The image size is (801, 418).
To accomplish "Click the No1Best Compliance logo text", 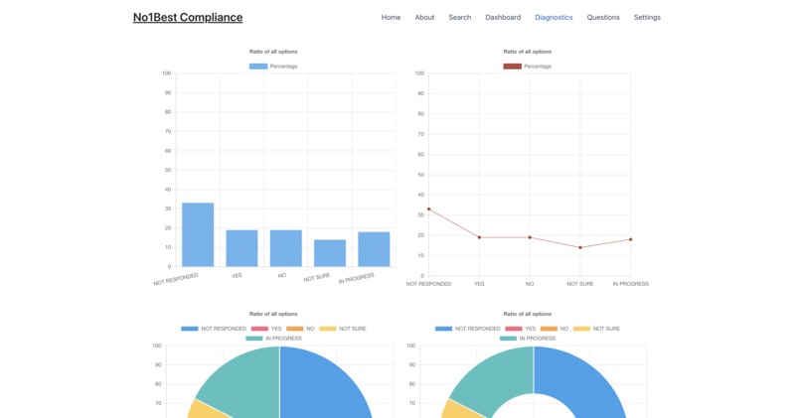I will [x=188, y=17].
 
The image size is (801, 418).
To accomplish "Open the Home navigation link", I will [x=391, y=17].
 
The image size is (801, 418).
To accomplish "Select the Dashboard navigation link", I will [x=503, y=17].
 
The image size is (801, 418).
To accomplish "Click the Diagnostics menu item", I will [x=554, y=17].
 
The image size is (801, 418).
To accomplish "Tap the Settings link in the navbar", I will [x=647, y=17].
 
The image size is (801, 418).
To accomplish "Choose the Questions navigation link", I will [x=603, y=17].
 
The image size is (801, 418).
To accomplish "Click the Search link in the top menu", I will [x=460, y=17].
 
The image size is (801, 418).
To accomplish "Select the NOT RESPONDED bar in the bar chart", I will [x=198, y=235].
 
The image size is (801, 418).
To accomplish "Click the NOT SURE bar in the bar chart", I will [x=330, y=253].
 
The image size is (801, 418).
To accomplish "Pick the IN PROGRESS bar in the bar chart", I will [x=374, y=249].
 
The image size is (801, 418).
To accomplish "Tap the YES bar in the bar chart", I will [x=241, y=248].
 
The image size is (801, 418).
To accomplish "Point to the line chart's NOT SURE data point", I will [x=580, y=247].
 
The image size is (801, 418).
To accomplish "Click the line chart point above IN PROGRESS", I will [x=630, y=239].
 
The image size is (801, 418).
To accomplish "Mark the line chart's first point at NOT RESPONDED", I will [x=428, y=209].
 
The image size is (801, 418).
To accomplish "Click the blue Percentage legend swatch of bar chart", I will [x=258, y=67].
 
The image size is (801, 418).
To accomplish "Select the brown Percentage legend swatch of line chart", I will [x=512, y=67].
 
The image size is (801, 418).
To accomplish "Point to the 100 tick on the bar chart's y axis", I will [x=166, y=73].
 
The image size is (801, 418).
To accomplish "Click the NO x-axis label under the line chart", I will [x=530, y=283].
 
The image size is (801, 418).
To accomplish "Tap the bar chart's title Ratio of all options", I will [x=273, y=51].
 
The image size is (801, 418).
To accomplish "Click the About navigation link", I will [x=424, y=17].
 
